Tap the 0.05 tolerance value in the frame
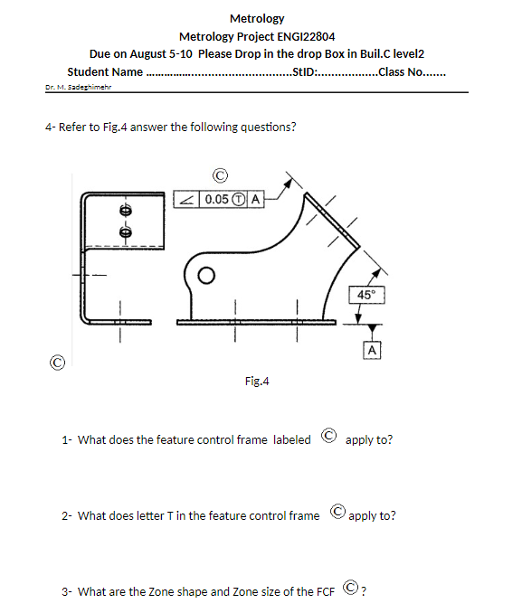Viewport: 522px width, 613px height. [x=217, y=199]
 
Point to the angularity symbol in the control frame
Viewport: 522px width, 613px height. [x=187, y=199]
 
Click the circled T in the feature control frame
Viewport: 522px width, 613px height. [x=239, y=199]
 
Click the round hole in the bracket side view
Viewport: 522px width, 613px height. [x=207, y=274]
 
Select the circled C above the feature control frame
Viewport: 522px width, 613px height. [x=217, y=175]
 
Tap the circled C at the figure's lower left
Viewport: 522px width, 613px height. [x=57, y=363]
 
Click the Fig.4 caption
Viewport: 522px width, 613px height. [x=257, y=382]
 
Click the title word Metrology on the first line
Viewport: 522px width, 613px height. [x=257, y=18]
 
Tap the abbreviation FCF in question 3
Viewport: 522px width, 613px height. [x=325, y=592]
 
